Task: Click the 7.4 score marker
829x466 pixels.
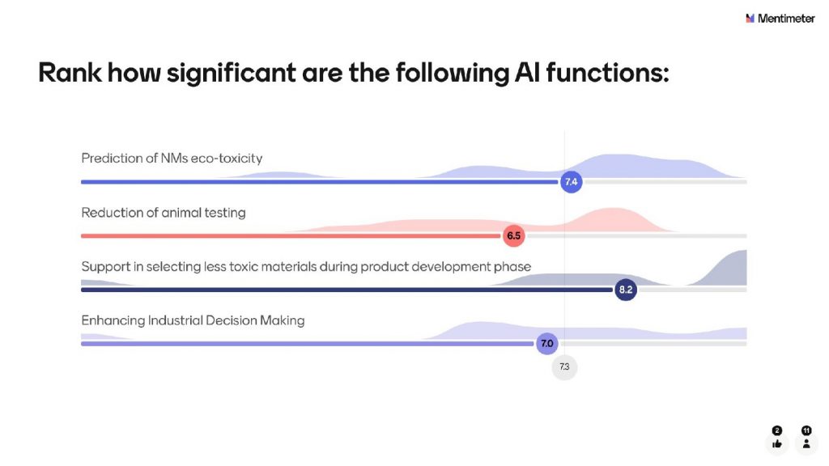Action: (x=571, y=182)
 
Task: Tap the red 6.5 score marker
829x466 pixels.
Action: (x=514, y=235)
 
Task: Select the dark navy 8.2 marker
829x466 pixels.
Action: (x=626, y=290)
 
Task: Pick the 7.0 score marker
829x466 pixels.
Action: (x=546, y=343)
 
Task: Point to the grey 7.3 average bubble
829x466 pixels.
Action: (x=564, y=366)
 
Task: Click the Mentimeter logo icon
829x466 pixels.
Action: (x=750, y=19)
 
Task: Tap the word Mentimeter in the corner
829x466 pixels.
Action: (x=785, y=19)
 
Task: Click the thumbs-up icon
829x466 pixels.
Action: (x=776, y=444)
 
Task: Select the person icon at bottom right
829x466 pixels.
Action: (x=806, y=444)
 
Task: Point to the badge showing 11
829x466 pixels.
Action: (x=806, y=430)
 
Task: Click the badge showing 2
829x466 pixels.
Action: (x=776, y=430)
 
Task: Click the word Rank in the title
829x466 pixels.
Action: (x=70, y=72)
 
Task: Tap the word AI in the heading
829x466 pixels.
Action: (x=527, y=72)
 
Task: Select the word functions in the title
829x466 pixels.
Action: (x=607, y=72)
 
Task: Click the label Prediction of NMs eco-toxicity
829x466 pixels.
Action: (x=172, y=159)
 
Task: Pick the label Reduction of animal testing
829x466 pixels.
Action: (x=164, y=213)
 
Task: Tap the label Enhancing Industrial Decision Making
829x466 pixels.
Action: (x=193, y=320)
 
